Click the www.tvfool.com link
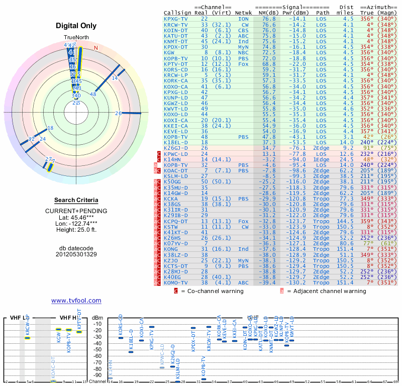tap(76, 301)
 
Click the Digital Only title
tap(76, 26)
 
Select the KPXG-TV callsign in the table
tap(176, 19)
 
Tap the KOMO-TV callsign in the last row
tap(176, 282)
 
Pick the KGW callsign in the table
tap(169, 52)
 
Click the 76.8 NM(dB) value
tap(269, 19)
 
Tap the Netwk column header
tap(243, 13)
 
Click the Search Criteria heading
tap(76, 200)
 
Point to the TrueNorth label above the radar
tap(76, 38)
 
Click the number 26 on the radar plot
tap(118, 113)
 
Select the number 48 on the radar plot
tap(93, 94)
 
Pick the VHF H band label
tap(68, 318)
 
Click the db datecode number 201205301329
tap(76, 254)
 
